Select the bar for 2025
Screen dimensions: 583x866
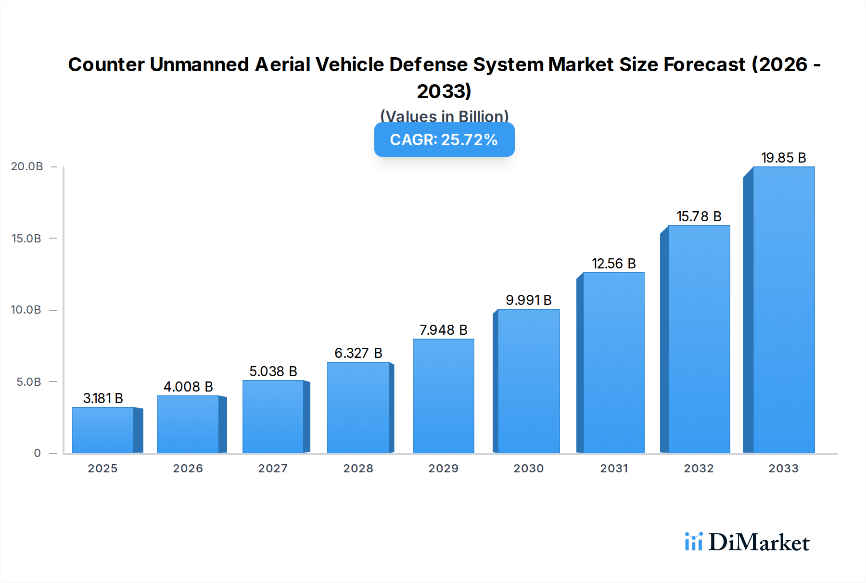coord(103,430)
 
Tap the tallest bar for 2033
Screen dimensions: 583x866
coord(783,310)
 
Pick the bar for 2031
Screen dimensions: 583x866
coord(613,363)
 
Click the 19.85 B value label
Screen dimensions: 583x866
coord(783,158)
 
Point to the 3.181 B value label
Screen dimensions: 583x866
coord(103,398)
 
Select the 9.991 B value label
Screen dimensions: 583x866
coord(528,300)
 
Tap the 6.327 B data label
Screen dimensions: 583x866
coord(358,353)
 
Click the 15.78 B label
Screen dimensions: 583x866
coord(699,216)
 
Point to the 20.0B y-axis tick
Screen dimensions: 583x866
coord(27,166)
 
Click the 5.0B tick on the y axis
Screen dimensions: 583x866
coord(29,382)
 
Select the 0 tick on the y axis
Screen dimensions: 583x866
coord(37,453)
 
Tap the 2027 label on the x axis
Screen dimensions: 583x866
coord(273,469)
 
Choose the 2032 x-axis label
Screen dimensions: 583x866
coord(699,469)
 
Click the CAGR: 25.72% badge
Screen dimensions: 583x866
coord(444,139)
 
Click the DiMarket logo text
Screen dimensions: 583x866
coord(759,543)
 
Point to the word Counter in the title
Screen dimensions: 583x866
coord(106,64)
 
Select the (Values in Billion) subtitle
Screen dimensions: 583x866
coord(444,116)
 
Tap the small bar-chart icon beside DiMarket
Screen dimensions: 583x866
coord(693,542)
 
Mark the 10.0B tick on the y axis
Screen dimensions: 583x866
coord(26,310)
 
